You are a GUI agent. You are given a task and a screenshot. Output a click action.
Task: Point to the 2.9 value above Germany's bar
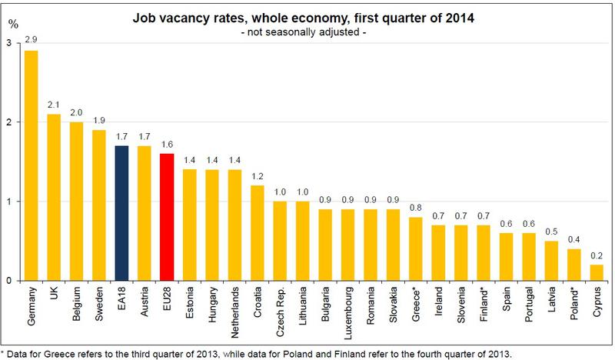coord(31,38)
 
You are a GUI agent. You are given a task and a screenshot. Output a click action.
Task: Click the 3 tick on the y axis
coord(8,43)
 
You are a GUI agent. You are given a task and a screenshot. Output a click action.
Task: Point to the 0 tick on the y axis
coord(8,281)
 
